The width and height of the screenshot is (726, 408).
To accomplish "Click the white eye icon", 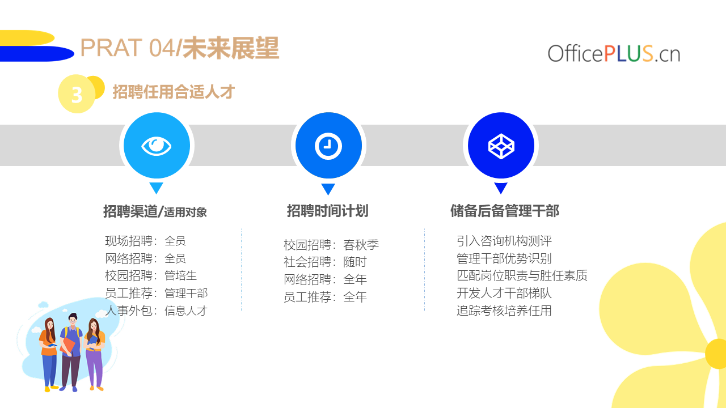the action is point(156,146).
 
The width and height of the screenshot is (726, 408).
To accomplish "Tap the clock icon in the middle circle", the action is point(328,146).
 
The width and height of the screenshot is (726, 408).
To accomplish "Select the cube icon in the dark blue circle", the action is point(501,146).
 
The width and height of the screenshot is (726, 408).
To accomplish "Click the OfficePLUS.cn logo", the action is point(614,53).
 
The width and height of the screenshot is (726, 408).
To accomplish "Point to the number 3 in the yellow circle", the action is point(77,95).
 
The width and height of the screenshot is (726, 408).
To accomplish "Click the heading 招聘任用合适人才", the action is point(174,92).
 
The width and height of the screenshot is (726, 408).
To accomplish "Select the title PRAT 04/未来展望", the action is point(180,48).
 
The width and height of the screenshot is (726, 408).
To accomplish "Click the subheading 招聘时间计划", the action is point(328,211).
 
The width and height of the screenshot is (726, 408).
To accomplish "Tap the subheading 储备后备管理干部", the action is point(505,211).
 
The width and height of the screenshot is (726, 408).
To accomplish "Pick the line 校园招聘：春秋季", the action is point(331,245).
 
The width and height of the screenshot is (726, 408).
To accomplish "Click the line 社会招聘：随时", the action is point(325,262).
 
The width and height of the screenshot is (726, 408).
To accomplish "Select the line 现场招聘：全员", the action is point(145,241).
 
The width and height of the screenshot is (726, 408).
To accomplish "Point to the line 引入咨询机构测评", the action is point(504,241).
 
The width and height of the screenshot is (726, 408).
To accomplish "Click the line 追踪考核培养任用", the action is point(504,311).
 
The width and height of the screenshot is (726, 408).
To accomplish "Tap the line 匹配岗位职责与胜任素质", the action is point(522,275).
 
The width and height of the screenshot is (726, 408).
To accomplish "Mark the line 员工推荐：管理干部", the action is point(156,293).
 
